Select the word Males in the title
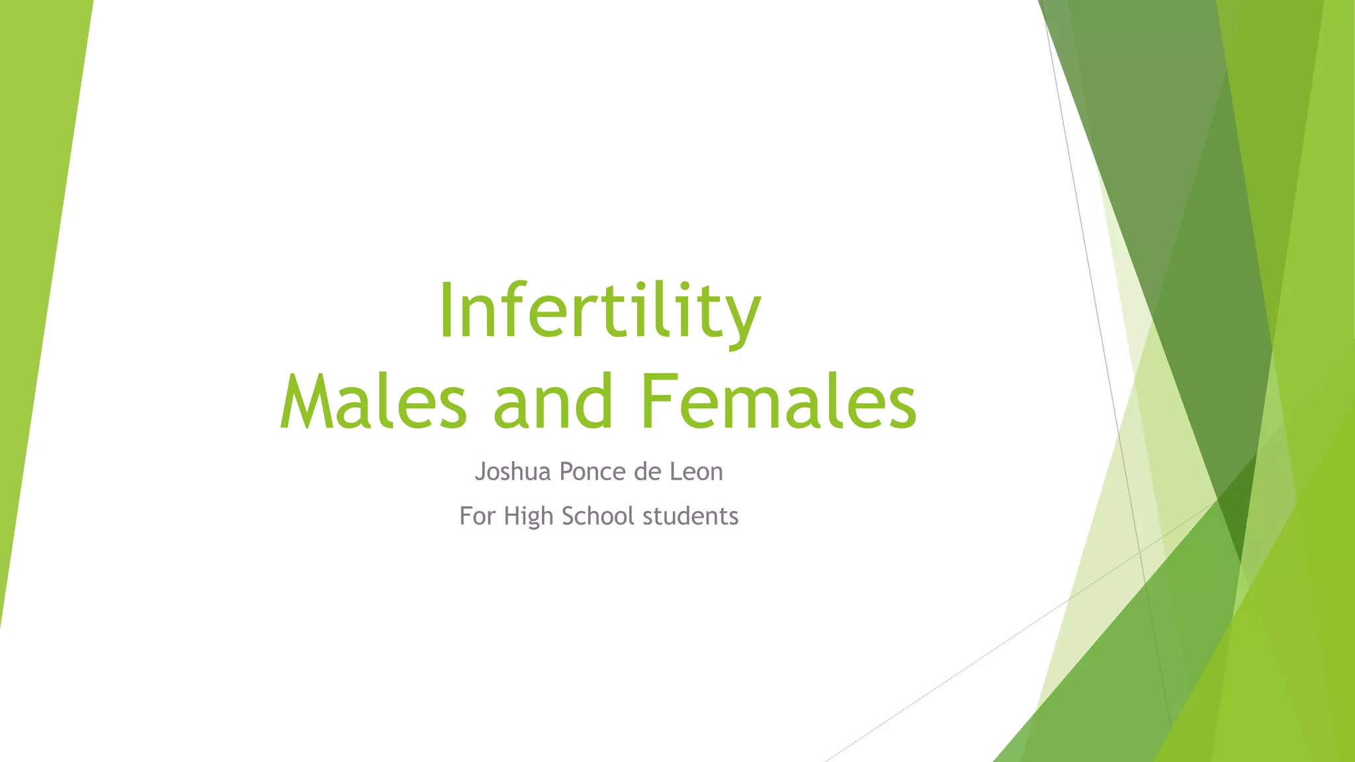(374, 402)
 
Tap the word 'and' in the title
(553, 402)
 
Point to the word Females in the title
(778, 402)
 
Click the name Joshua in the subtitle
(513, 472)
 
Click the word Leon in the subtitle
(697, 472)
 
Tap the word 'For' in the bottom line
(477, 516)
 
